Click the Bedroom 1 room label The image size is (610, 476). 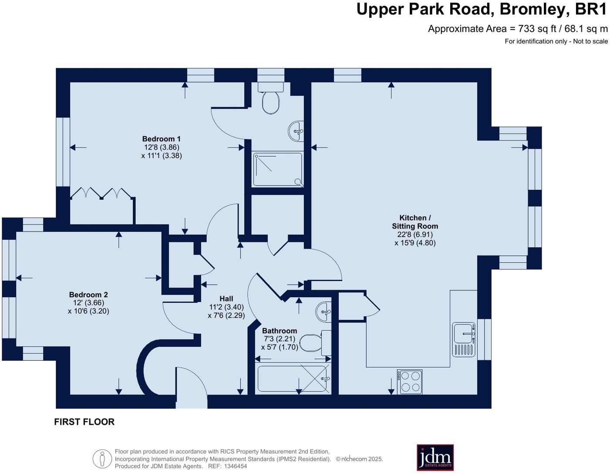click(162, 139)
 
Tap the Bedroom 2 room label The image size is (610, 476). click(88, 295)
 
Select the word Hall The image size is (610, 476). click(226, 299)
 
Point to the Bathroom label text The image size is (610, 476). click(280, 331)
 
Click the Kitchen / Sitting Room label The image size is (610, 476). click(415, 222)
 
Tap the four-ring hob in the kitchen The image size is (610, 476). click(410, 382)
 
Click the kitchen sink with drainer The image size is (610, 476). click(464, 339)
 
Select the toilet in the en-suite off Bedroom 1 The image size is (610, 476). click(271, 98)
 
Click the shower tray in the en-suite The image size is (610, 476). click(278, 169)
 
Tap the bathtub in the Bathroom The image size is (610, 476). click(293, 379)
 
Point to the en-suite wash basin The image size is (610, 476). click(296, 131)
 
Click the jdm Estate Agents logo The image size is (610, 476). click(435, 457)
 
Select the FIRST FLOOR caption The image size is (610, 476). click(84, 422)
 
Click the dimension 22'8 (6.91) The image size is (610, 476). click(415, 235)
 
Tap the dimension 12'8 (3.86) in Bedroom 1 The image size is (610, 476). click(162, 147)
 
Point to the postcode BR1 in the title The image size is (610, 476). click(591, 9)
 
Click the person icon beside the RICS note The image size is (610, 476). click(102, 459)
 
